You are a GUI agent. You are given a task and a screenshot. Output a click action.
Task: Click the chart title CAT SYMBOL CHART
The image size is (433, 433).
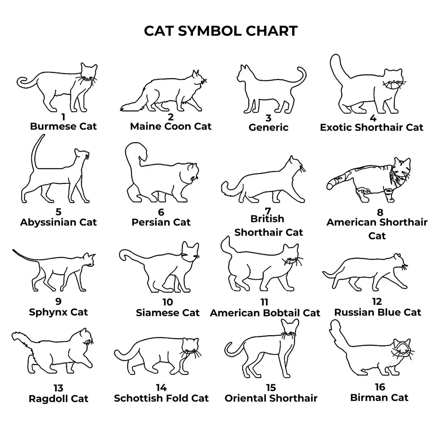[221, 31]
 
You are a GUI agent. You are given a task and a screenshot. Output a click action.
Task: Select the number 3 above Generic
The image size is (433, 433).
[268, 118]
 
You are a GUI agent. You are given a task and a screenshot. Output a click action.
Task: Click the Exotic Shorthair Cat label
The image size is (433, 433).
[371, 127]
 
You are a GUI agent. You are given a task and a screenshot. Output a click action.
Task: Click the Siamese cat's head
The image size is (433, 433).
[190, 252]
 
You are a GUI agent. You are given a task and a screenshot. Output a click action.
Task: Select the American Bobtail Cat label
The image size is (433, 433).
[265, 313]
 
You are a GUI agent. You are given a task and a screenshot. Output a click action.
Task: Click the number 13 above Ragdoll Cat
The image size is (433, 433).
[58, 388]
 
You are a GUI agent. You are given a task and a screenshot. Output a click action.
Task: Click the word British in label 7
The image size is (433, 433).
[267, 219]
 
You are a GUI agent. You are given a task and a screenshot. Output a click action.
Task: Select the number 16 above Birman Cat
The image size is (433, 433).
[380, 387]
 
